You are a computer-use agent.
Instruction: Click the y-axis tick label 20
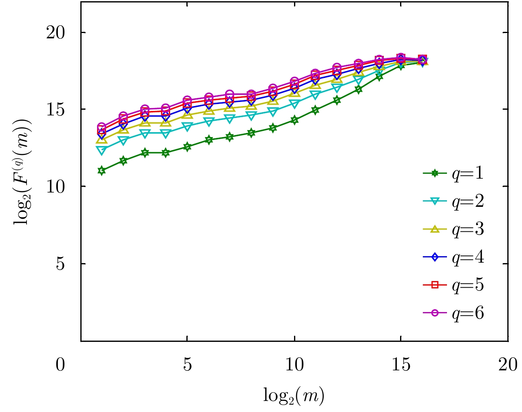pos(56,33)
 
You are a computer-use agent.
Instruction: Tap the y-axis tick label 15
pos(56,110)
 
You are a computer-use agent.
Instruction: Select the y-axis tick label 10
pos(56,187)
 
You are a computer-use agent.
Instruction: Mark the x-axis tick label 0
pos(60,365)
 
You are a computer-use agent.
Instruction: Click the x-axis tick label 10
pos(294,365)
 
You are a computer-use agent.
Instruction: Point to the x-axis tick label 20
pos(508,365)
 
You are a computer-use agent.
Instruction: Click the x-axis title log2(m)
pos(294,395)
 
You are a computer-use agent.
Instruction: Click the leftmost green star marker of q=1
pos(102,171)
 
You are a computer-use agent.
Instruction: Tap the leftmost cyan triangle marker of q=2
pos(102,150)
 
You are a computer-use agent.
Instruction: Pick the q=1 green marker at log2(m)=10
pos(294,120)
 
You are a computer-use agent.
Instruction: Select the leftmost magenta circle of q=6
pos(102,127)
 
